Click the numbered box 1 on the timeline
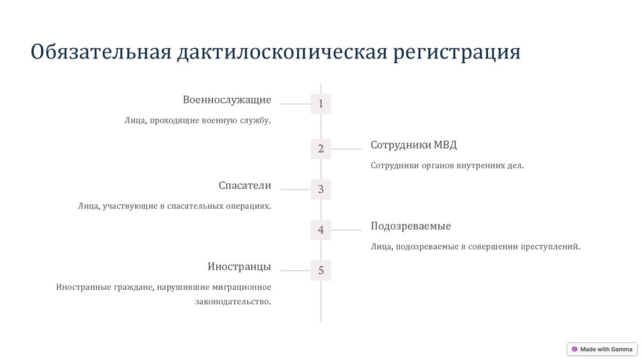320,104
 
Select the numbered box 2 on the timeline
320,149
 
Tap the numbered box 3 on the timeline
320,189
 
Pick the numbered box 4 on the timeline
320,230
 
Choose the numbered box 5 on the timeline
320,271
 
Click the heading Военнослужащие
227,100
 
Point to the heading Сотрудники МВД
414,145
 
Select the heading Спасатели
245,185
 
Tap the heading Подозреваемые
411,226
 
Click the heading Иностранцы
239,267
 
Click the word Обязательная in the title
100,52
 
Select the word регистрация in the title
457,52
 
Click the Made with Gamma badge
602,349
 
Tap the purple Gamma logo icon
574,349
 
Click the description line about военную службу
197,120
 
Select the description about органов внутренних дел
446,166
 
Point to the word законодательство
233,302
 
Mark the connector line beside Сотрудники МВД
347,149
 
